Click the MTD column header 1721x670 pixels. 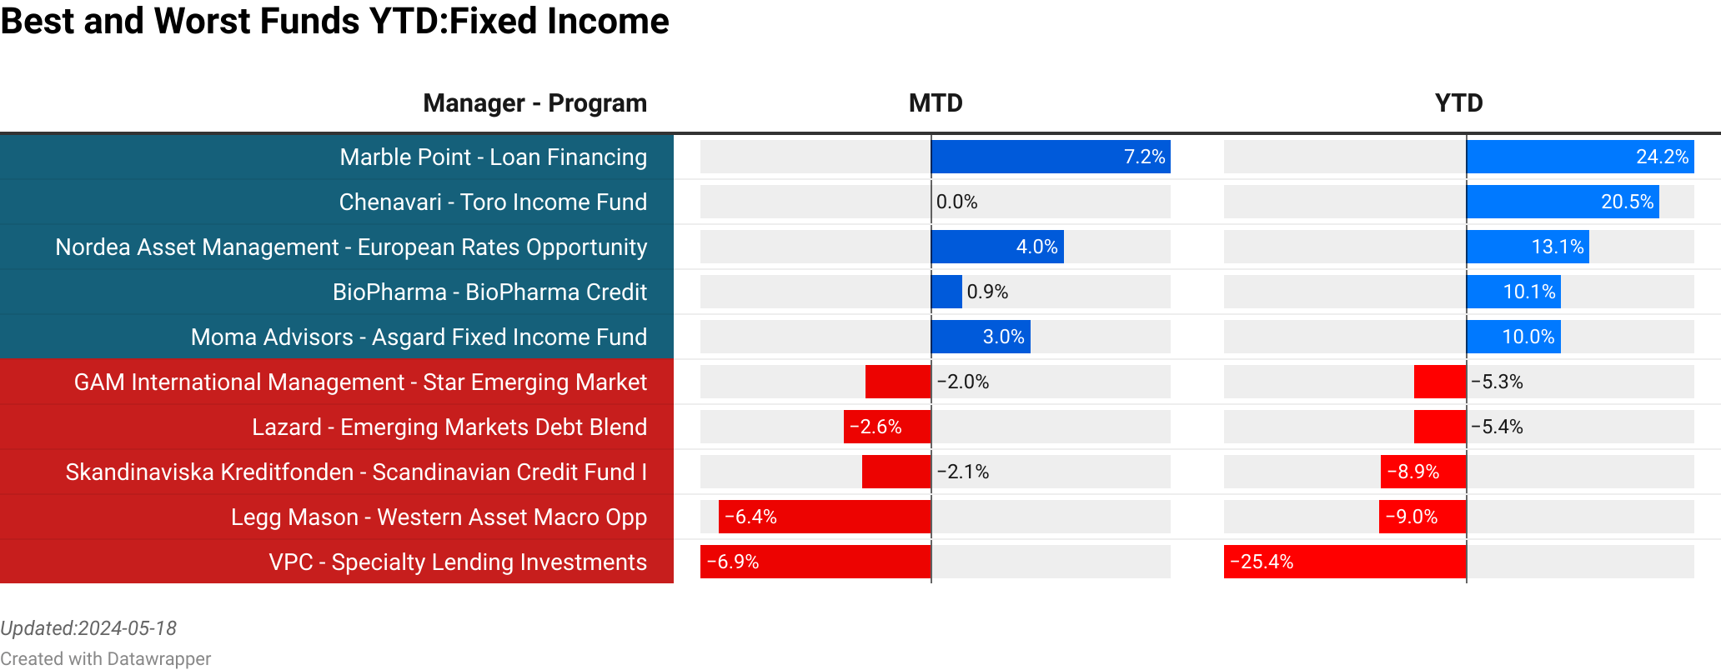[x=935, y=103]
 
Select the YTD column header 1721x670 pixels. [x=1458, y=103]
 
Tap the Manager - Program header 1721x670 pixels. [x=534, y=103]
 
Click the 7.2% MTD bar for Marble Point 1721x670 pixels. [x=1051, y=157]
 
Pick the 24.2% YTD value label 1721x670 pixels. [x=1662, y=157]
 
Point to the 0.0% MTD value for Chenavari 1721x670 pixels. [x=956, y=202]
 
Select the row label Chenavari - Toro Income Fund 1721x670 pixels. [x=493, y=202]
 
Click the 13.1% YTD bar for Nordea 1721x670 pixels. [x=1528, y=247]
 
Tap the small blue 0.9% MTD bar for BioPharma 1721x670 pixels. [x=946, y=292]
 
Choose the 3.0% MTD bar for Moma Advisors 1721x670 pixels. [x=981, y=337]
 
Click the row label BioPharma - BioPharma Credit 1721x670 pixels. [x=489, y=292]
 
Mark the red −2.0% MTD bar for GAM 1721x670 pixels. [x=898, y=382]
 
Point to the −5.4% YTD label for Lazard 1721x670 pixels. [x=1497, y=427]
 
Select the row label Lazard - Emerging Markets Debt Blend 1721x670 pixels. [x=449, y=427]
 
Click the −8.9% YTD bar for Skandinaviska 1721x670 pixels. [x=1423, y=472]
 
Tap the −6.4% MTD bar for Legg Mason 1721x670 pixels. [x=825, y=517]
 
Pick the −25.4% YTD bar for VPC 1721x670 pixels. [x=1345, y=562]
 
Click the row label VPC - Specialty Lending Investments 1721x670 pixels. [x=458, y=562]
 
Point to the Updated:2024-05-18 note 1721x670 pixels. [x=88, y=628]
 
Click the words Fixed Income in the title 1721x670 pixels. [x=559, y=21]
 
